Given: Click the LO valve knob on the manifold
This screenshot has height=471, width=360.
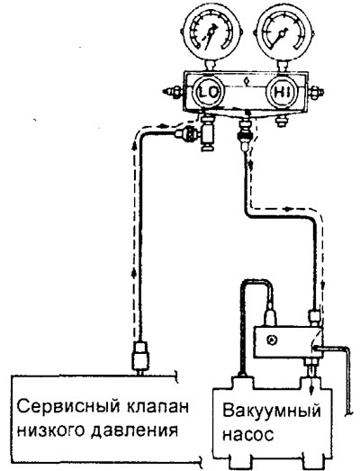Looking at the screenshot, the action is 208,92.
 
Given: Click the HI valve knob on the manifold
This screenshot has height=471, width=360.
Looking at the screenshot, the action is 283,92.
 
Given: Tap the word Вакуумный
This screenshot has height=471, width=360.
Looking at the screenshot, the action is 272,412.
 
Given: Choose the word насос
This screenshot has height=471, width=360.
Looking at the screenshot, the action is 248,434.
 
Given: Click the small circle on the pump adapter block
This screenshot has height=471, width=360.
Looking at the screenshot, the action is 272,340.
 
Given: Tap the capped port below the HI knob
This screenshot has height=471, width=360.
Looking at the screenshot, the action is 281,121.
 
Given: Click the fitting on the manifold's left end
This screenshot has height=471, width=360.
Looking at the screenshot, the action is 172,92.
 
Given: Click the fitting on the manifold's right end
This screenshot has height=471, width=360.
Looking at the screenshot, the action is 315,92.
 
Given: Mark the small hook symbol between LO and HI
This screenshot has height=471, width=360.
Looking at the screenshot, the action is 247,80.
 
